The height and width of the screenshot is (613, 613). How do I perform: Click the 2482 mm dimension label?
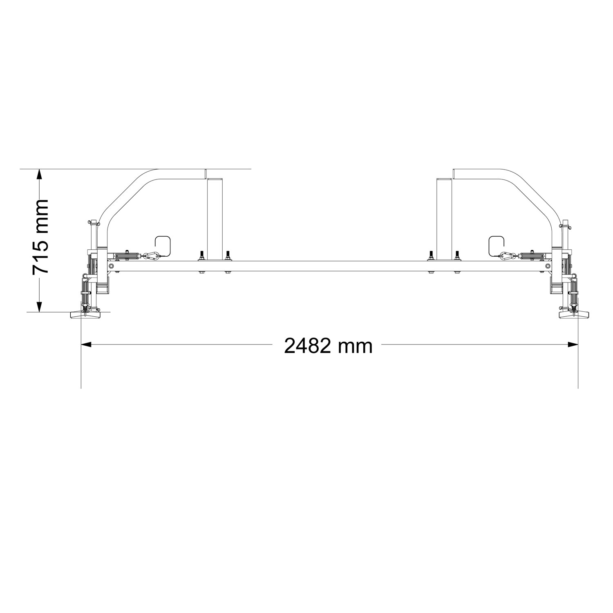[x=328, y=346]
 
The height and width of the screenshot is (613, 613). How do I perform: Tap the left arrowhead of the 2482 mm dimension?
[x=87, y=345]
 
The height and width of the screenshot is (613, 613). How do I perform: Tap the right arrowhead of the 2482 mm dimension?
[x=573, y=345]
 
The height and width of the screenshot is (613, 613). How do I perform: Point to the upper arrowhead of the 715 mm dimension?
[x=39, y=174]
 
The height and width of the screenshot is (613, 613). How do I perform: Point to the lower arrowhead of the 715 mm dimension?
[x=39, y=307]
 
